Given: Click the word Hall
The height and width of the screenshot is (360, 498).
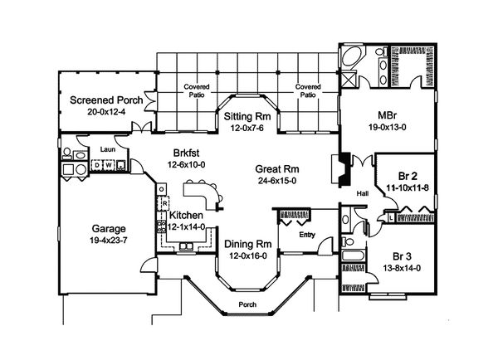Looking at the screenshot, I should [362, 195].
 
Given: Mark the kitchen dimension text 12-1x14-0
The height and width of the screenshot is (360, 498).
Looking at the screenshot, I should [187, 227].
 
